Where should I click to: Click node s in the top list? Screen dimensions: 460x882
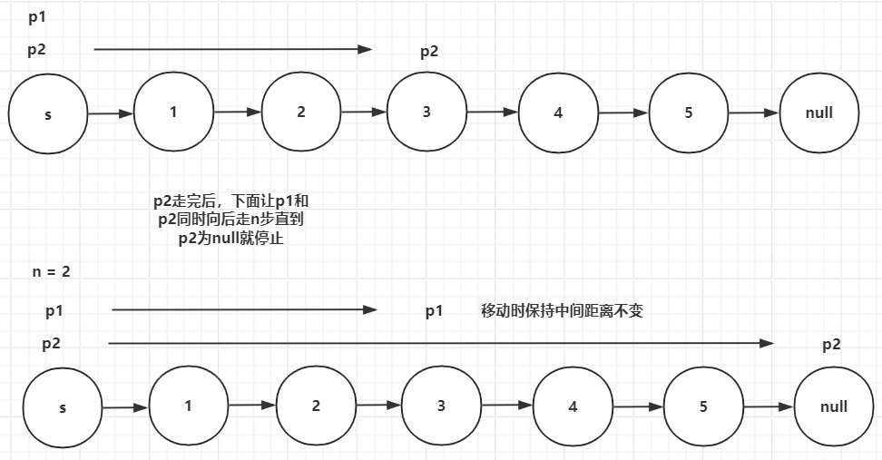tap(47, 114)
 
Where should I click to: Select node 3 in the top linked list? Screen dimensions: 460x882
tap(426, 113)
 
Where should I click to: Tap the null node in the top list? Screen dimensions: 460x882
tap(818, 113)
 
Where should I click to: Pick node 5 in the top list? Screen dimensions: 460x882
tap(688, 113)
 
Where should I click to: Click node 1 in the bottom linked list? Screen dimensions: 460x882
tap(188, 406)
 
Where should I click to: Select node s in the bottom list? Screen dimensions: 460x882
tap(63, 408)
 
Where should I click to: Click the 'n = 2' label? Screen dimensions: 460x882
tap(51, 271)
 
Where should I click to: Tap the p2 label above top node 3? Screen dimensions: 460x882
tap(429, 52)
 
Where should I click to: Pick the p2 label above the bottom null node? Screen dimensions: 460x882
tap(831, 345)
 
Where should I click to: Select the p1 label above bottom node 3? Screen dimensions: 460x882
tap(434, 311)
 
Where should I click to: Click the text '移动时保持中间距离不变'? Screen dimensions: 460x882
tap(562, 311)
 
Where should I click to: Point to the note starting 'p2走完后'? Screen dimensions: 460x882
tap(232, 220)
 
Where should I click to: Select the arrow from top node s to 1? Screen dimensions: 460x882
tap(110, 113)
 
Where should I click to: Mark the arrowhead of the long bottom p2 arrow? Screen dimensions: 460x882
tap(768, 343)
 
